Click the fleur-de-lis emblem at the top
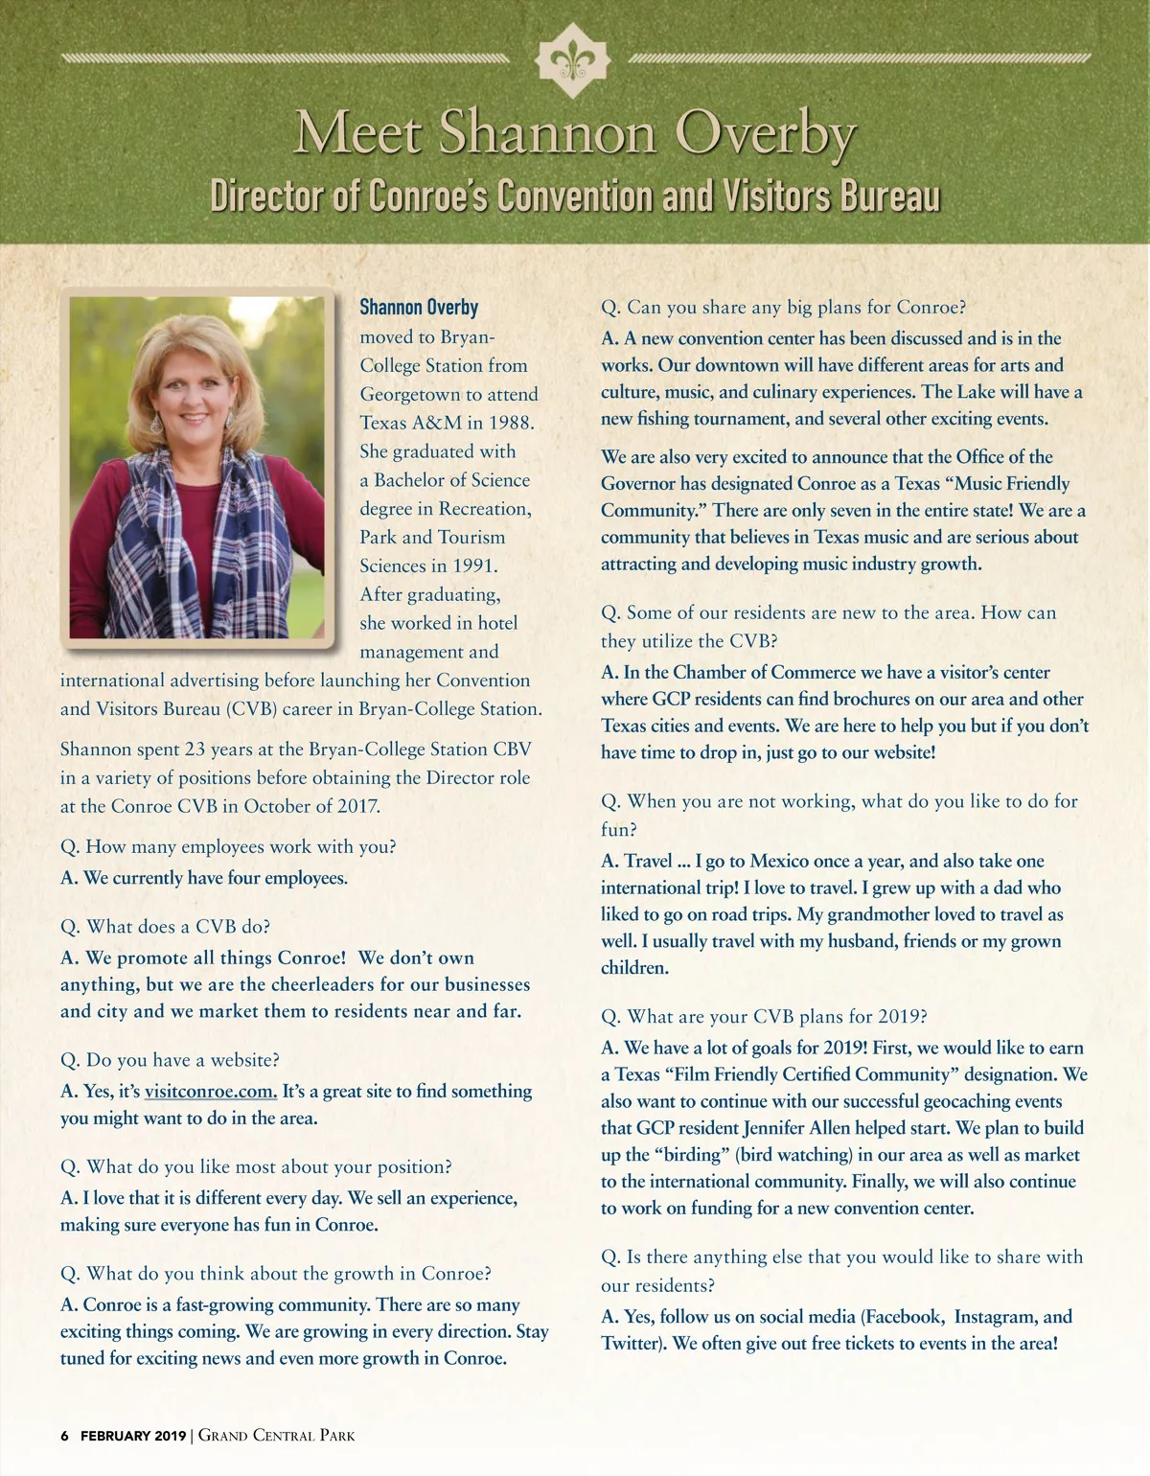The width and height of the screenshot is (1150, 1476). (x=573, y=60)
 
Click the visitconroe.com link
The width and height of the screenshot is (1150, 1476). (x=210, y=1091)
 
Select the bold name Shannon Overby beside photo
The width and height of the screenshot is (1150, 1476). (x=419, y=308)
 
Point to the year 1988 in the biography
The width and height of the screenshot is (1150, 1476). (x=511, y=423)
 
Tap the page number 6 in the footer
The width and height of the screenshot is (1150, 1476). (x=64, y=1436)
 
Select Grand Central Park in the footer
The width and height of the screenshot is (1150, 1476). (x=276, y=1436)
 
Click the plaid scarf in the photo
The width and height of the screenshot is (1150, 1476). (x=153, y=537)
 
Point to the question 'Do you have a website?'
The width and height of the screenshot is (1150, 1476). (x=170, y=1060)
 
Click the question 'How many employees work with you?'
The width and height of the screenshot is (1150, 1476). (x=228, y=847)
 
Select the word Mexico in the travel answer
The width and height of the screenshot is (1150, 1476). (x=782, y=862)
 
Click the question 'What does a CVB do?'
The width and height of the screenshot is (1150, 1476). (x=165, y=927)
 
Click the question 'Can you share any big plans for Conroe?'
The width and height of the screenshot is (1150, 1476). (x=783, y=308)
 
